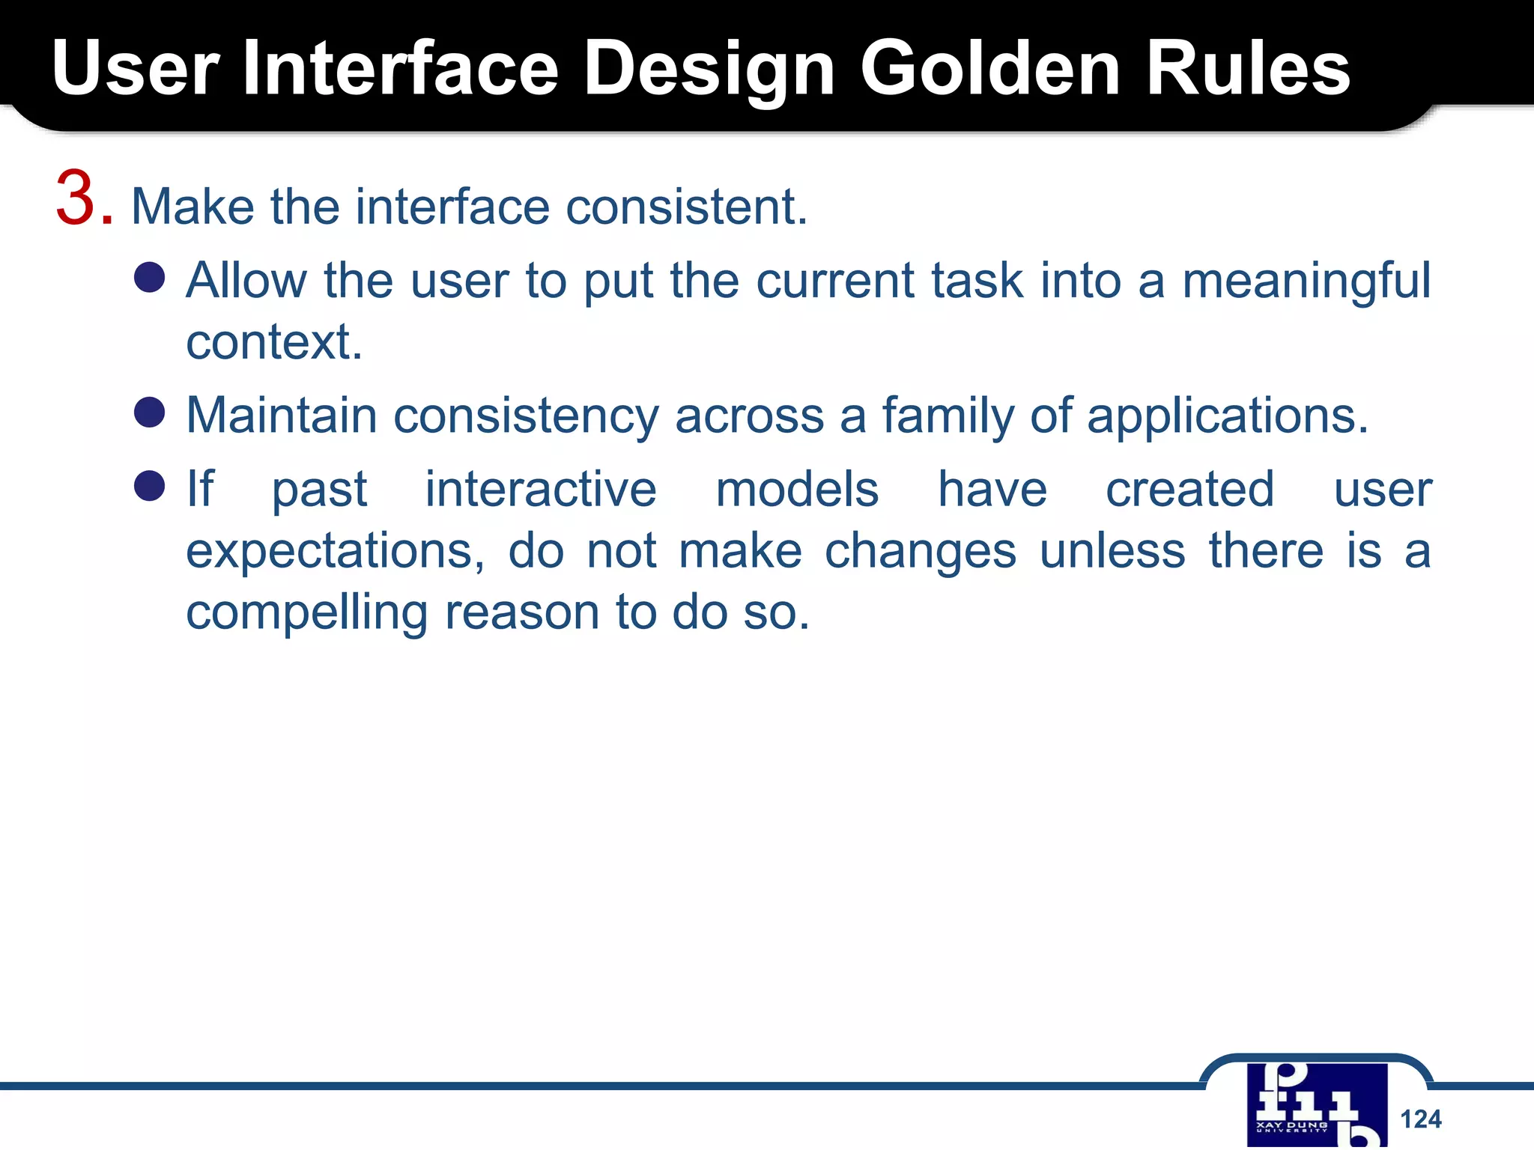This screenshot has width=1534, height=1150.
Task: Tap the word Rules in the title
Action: point(1248,69)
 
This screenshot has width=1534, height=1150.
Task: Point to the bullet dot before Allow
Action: point(149,277)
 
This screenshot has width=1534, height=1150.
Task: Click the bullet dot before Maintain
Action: point(149,412)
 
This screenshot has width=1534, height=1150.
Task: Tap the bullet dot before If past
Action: point(149,486)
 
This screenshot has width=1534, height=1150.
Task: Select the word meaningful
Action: point(1306,282)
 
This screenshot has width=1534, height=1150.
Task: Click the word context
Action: point(273,342)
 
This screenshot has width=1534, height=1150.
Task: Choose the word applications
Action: point(1227,416)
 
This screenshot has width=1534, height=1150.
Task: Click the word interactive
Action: point(541,490)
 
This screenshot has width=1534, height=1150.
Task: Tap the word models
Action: point(797,490)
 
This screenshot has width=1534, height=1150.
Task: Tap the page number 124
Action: point(1420,1119)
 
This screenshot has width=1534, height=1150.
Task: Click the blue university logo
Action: point(1316,1105)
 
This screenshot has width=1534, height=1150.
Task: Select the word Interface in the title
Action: point(401,69)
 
